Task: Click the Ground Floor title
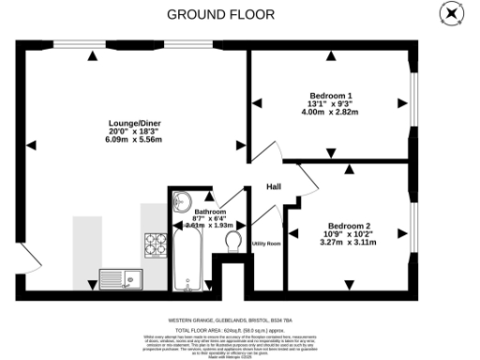pyautogui.click(x=220, y=14)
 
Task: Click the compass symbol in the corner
pyautogui.click(x=450, y=13)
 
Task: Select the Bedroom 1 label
pyautogui.click(x=333, y=96)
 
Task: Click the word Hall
pyautogui.click(x=274, y=187)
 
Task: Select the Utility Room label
pyautogui.click(x=266, y=244)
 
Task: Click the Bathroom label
pyautogui.click(x=210, y=213)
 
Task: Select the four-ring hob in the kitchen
pyautogui.click(x=155, y=244)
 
